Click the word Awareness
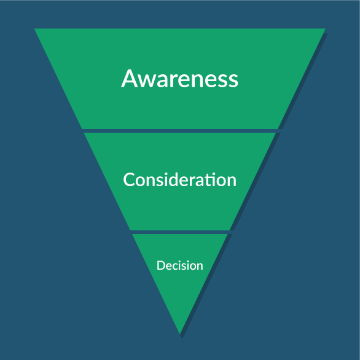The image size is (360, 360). point(180,79)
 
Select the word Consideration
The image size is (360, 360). point(180,179)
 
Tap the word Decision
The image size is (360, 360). point(180,265)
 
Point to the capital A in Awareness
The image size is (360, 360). point(130,79)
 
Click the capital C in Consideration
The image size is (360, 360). point(128,179)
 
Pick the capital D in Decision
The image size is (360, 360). point(161,265)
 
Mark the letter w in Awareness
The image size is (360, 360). point(147,81)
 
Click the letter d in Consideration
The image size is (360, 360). point(177,179)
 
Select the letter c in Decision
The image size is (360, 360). point(178,267)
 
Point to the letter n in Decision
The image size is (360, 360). point(200,267)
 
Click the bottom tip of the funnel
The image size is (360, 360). point(180,334)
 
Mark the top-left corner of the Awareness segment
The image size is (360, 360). point(34,29)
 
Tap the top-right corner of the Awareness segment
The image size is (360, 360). point(326,29)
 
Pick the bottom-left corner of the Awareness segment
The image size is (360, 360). point(82,129)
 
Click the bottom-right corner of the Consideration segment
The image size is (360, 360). point(230,230)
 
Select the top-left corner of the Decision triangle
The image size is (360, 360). point(132,234)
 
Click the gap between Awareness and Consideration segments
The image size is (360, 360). point(180,131)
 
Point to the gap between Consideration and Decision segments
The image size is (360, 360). point(180,232)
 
